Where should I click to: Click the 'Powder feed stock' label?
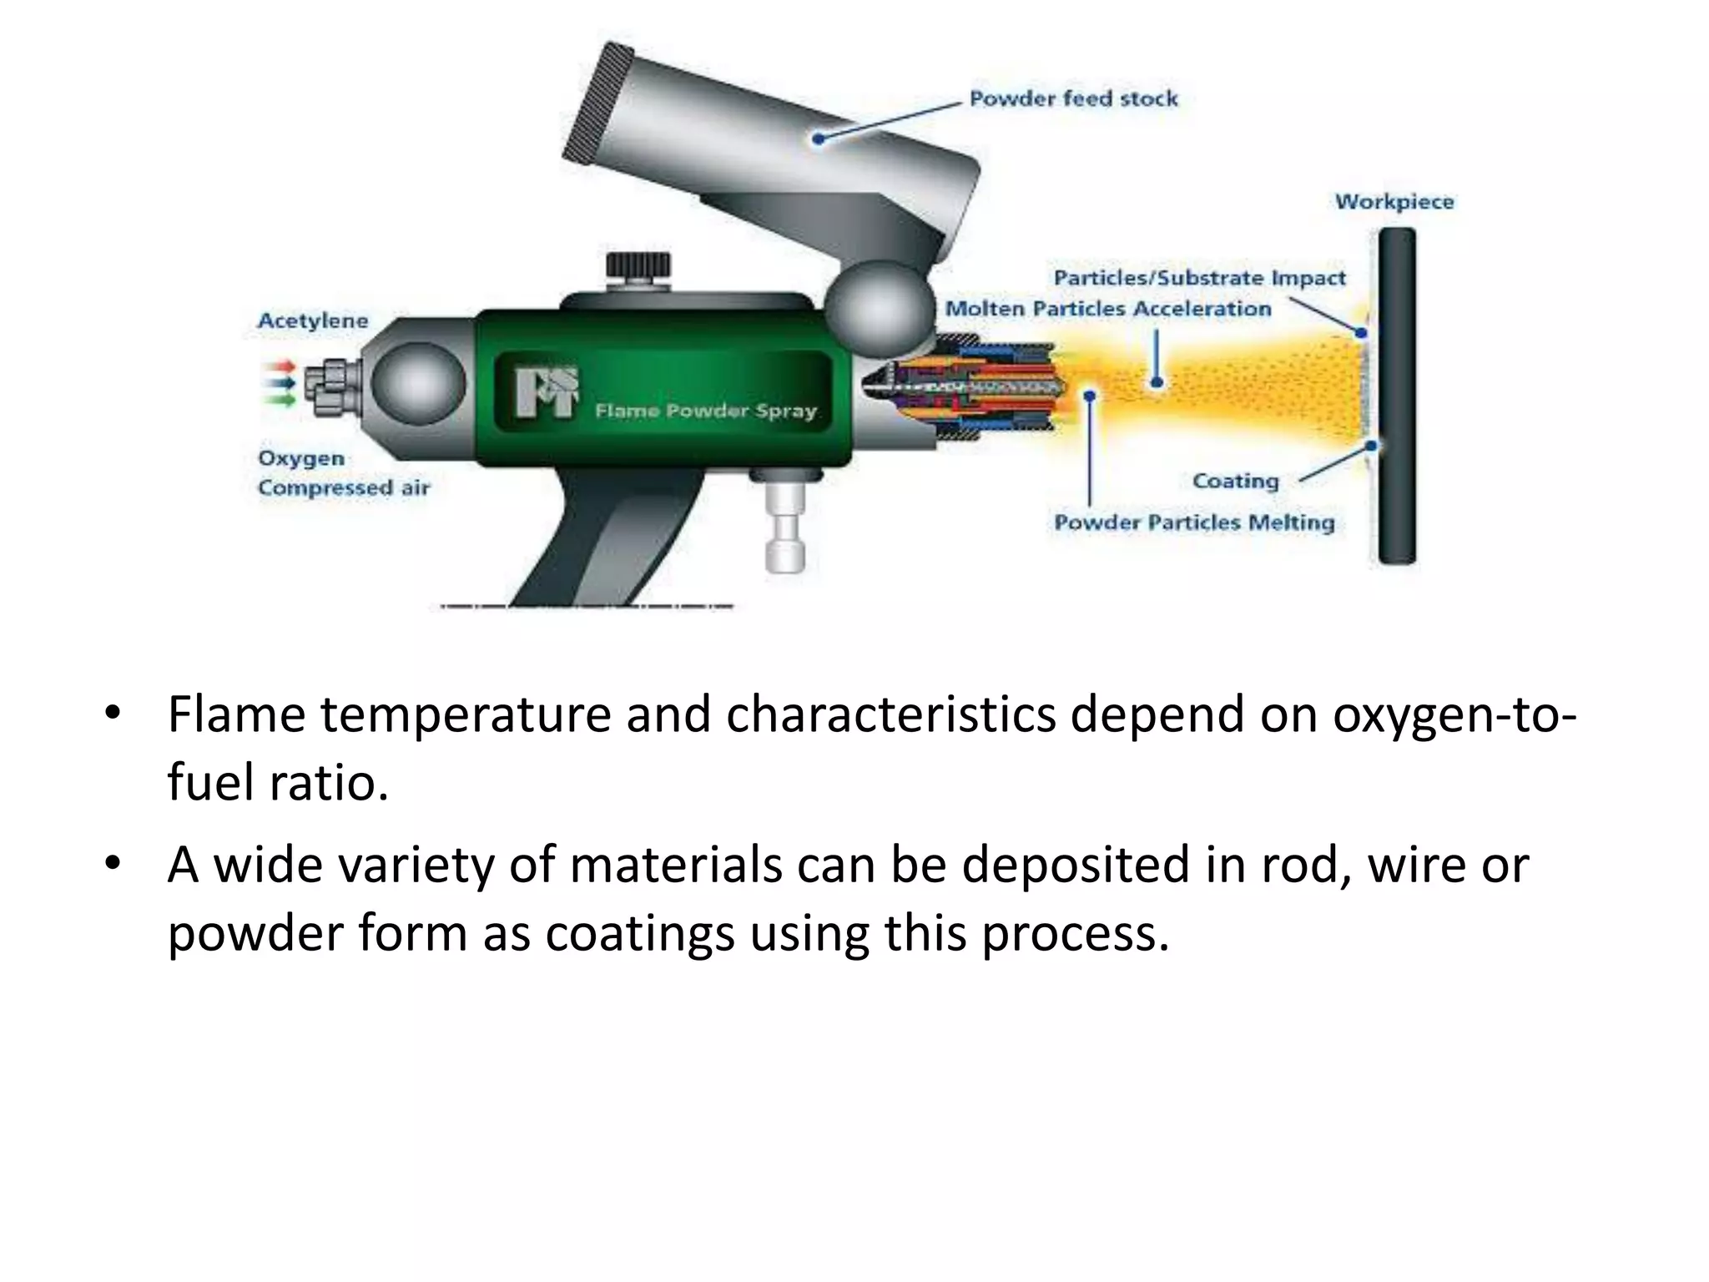1073,99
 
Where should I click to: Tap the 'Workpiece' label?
1394,202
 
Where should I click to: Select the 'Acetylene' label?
313,321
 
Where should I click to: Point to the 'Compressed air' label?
344,488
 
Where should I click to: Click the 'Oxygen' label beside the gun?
301,459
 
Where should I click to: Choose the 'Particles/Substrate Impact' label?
1199,278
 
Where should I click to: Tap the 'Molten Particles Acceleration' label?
1107,309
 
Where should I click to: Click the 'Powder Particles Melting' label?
1194,523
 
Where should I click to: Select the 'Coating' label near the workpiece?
1235,482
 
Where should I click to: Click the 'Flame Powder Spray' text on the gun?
705,411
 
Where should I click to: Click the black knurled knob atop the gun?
638,266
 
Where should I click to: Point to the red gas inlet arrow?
280,366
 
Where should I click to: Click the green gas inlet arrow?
280,400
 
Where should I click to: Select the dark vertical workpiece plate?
1396,396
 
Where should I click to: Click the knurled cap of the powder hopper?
597,103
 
